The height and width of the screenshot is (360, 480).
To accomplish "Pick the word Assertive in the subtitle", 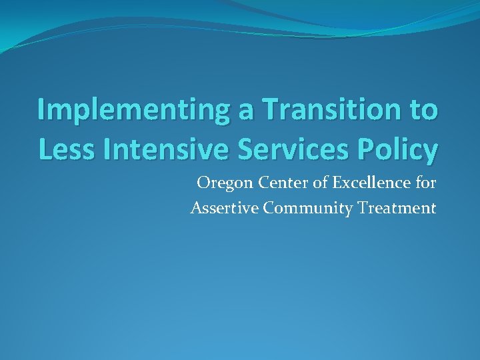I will click(x=224, y=208).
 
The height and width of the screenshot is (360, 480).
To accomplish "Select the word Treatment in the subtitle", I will click(x=397, y=208).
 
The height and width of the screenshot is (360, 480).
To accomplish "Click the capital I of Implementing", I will click(x=41, y=110).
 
